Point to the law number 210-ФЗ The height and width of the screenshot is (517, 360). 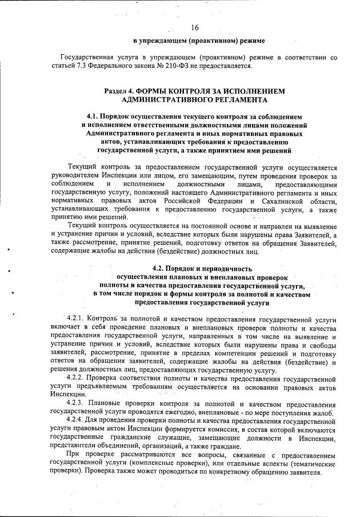tap(170, 66)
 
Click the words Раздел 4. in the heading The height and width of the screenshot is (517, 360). tap(121, 91)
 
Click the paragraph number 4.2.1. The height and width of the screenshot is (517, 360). tap(77, 318)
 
